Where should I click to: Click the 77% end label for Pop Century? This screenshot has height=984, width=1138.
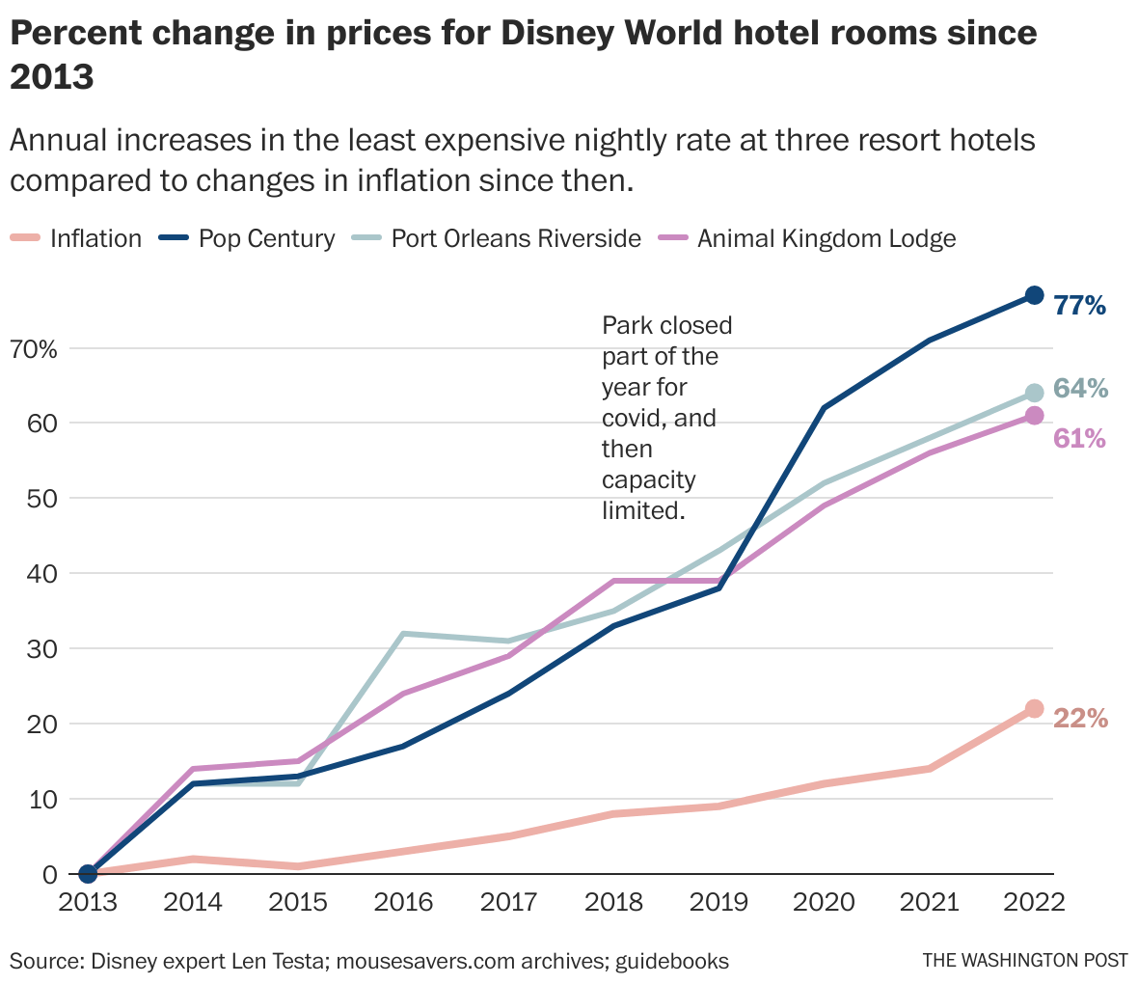click(1079, 306)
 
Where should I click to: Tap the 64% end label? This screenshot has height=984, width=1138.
click(1080, 389)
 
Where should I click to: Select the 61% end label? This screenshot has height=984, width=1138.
click(1079, 438)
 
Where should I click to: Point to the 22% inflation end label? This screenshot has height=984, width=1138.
click(1080, 719)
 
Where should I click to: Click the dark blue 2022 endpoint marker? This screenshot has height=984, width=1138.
click(1034, 295)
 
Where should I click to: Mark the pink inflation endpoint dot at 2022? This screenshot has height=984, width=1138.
click(1034, 708)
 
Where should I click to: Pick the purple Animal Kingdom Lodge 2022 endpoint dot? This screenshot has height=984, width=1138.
click(1034, 415)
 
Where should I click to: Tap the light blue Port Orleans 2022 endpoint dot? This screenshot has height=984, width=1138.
click(1034, 393)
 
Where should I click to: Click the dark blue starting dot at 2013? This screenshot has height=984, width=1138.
click(88, 873)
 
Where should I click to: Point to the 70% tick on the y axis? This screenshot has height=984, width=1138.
click(35, 348)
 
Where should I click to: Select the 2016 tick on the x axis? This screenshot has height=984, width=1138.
click(403, 902)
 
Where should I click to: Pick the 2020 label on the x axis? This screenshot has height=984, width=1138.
click(824, 902)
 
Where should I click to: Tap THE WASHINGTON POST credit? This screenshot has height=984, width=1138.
click(1025, 961)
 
